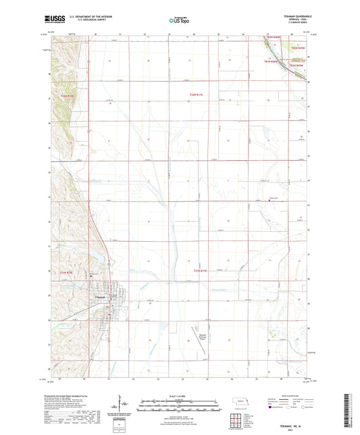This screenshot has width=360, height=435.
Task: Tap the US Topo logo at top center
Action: [x=178, y=21]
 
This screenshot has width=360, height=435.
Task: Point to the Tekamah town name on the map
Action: [x=99, y=297]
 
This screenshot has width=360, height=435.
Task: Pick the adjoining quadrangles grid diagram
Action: [x=238, y=424]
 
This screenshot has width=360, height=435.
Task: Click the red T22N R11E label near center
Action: [x=196, y=95]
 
